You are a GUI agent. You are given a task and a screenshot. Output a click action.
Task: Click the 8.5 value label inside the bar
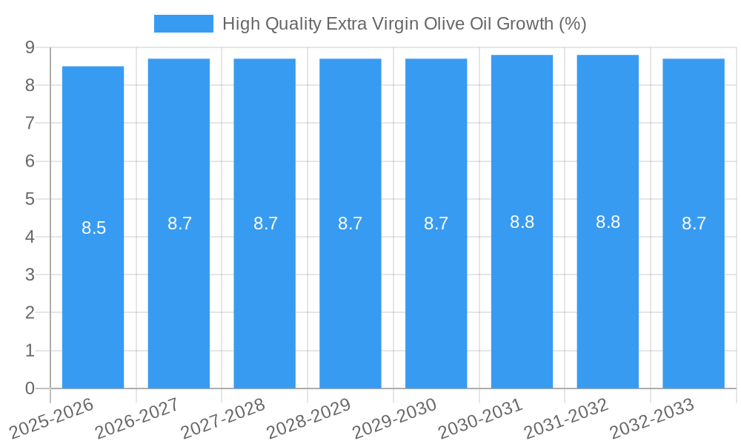pyautogui.click(x=93, y=228)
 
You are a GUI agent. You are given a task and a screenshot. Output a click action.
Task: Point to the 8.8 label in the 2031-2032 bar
pyautogui.click(x=608, y=222)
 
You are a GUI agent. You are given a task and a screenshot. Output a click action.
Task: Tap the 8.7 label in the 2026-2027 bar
pyautogui.click(x=179, y=223)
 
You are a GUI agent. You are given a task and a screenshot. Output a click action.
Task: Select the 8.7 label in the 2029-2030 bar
pyautogui.click(x=436, y=223)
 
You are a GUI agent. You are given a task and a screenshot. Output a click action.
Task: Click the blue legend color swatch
pyautogui.click(x=183, y=24)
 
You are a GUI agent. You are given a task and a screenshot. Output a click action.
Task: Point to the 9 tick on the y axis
pyautogui.click(x=30, y=47)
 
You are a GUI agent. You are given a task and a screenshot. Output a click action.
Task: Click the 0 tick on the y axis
pyautogui.click(x=30, y=388)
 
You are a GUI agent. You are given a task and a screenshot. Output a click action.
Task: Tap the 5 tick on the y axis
pyautogui.click(x=30, y=199)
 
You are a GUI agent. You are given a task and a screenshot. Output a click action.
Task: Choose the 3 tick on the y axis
pyautogui.click(x=30, y=275)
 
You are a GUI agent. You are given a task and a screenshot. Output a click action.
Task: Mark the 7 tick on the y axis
pyautogui.click(x=30, y=123)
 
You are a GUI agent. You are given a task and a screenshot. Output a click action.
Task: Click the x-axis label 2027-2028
pyautogui.click(x=222, y=418)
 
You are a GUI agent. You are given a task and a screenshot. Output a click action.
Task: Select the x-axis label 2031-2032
pyautogui.click(x=566, y=418)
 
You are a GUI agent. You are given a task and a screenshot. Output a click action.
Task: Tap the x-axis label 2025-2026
pyautogui.click(x=51, y=418)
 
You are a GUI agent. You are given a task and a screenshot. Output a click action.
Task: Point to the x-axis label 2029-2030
pyautogui.click(x=394, y=418)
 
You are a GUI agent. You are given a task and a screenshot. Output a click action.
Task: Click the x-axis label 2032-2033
pyautogui.click(x=651, y=418)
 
